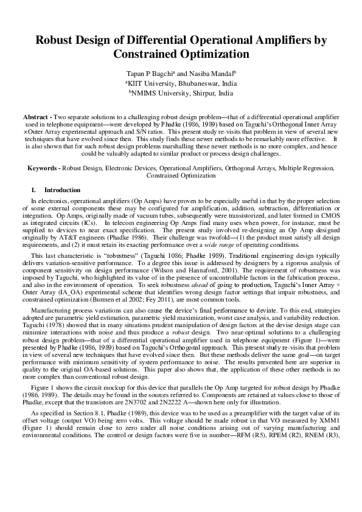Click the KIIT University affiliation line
181,83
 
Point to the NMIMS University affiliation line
181,94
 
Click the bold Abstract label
37,116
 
